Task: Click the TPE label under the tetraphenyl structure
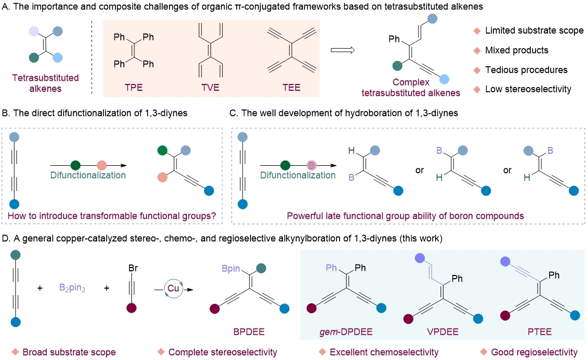tap(134, 87)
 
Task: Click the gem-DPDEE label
tap(344, 332)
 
